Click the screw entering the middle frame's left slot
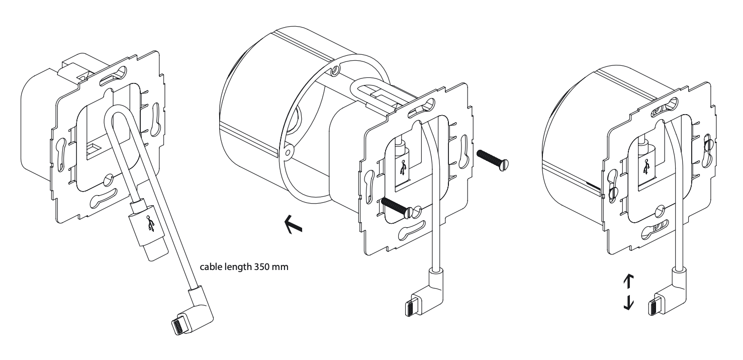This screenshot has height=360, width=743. click(x=400, y=207)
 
